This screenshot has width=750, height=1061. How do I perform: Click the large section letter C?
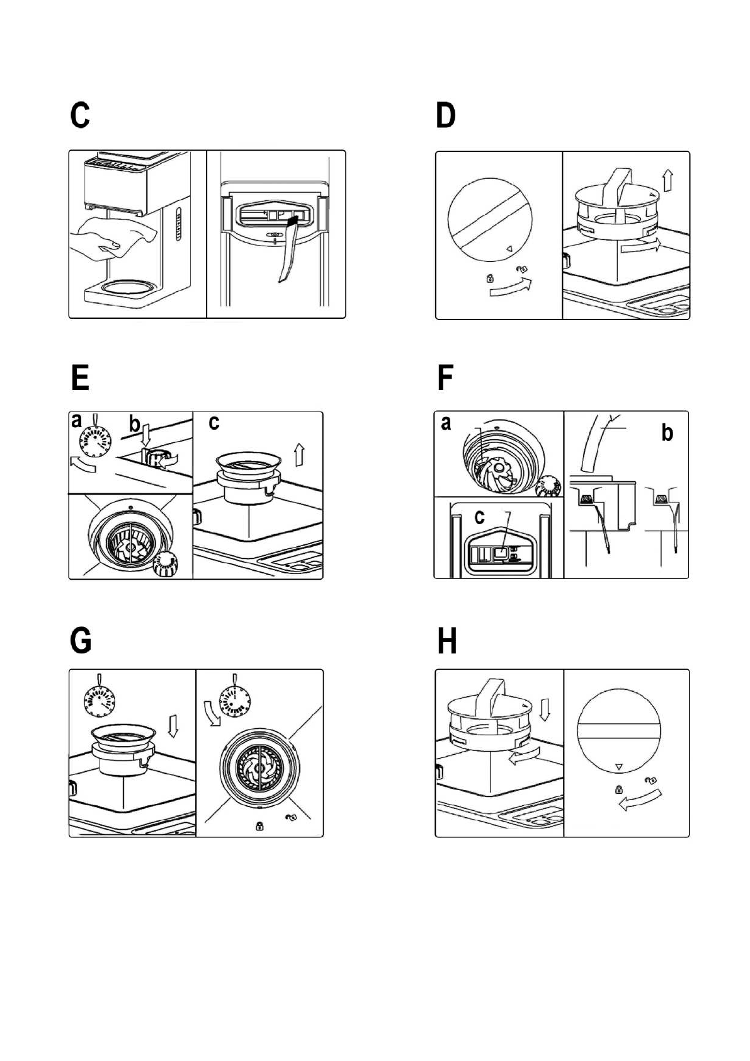80,116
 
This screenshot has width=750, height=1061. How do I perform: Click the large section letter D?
446,116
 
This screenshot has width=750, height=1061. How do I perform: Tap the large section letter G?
81,641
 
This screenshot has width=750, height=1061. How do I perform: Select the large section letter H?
446,641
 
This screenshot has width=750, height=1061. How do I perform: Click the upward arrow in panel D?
668,181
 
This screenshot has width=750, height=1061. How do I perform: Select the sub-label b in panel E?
134,424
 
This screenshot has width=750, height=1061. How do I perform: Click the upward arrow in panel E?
300,453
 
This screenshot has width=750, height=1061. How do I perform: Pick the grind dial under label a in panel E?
95,439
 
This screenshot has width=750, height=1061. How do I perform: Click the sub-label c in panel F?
480,517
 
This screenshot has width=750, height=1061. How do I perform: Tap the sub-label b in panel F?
668,433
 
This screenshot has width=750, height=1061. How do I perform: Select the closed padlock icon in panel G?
259,826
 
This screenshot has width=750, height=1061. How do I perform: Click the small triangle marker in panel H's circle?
618,767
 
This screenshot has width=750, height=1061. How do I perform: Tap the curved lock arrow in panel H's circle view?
639,800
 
